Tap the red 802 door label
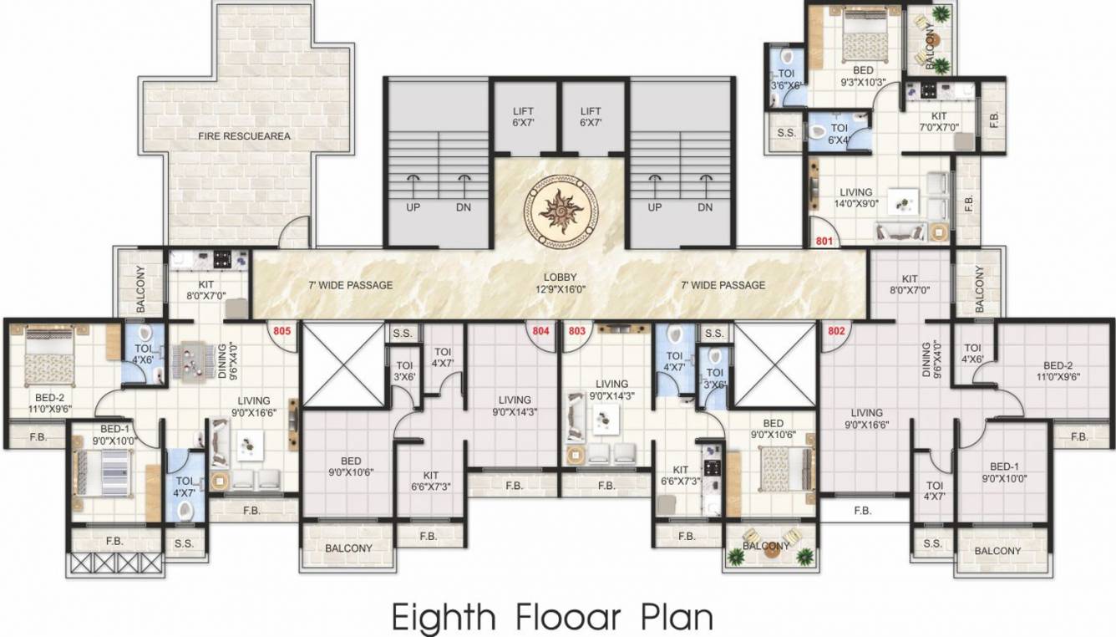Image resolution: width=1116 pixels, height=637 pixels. click(835, 330)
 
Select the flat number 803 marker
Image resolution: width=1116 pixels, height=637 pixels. click(576, 330)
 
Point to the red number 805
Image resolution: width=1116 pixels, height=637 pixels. click(282, 330)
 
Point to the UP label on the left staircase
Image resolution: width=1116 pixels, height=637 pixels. click(413, 207)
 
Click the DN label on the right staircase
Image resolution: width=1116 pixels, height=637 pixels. click(705, 207)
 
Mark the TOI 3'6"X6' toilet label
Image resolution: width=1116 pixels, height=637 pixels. click(785, 79)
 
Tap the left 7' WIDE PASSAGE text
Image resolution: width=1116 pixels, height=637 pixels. click(350, 285)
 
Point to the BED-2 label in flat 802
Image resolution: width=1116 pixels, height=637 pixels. click(1057, 370)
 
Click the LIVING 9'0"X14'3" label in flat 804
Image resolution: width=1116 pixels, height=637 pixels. click(514, 405)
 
